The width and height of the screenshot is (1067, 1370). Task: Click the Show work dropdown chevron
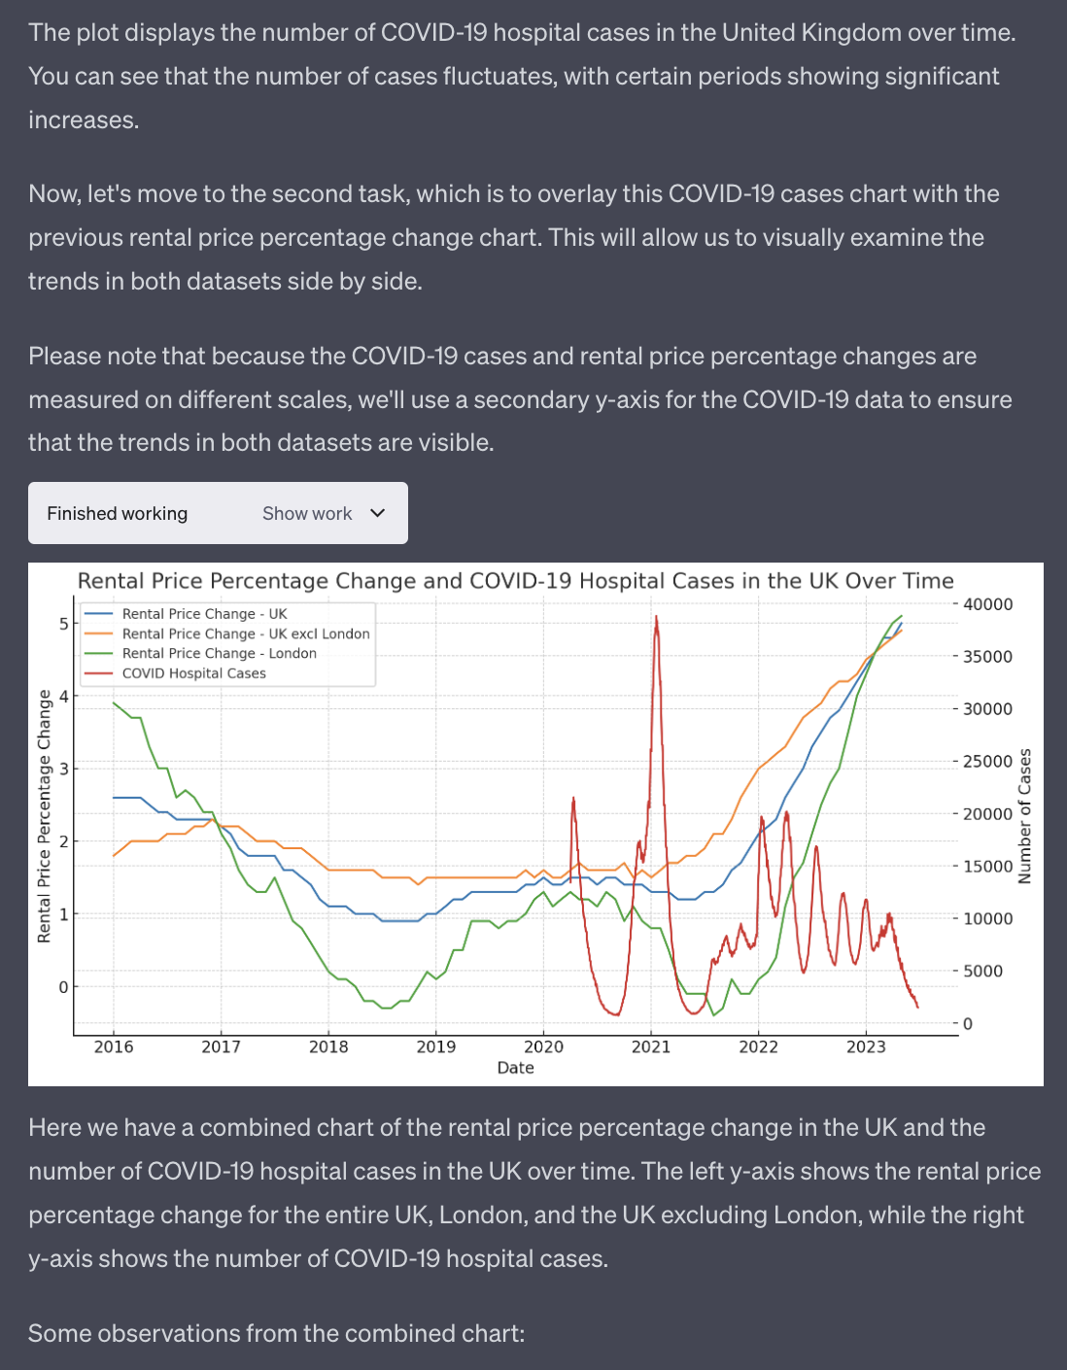377,513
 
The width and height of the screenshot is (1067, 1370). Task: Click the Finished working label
118,513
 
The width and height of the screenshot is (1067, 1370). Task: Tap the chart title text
516,580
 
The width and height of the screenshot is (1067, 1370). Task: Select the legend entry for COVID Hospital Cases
194,673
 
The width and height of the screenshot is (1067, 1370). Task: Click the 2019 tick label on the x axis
436,1047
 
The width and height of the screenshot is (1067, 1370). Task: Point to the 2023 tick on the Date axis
866,1047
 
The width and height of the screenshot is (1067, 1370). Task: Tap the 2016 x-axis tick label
114,1047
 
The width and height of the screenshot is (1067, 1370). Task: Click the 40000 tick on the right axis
987,604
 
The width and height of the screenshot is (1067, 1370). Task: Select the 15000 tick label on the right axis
987,867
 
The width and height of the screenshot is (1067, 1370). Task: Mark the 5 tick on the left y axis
64,624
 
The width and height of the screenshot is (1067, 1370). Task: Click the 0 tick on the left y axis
64,986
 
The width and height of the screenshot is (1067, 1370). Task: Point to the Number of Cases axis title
1025,816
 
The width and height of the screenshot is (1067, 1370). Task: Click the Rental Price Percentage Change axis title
44,816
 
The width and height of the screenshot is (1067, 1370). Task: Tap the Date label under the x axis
516,1068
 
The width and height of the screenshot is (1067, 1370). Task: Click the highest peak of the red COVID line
656,617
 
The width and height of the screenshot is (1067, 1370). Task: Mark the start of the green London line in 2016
114,702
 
